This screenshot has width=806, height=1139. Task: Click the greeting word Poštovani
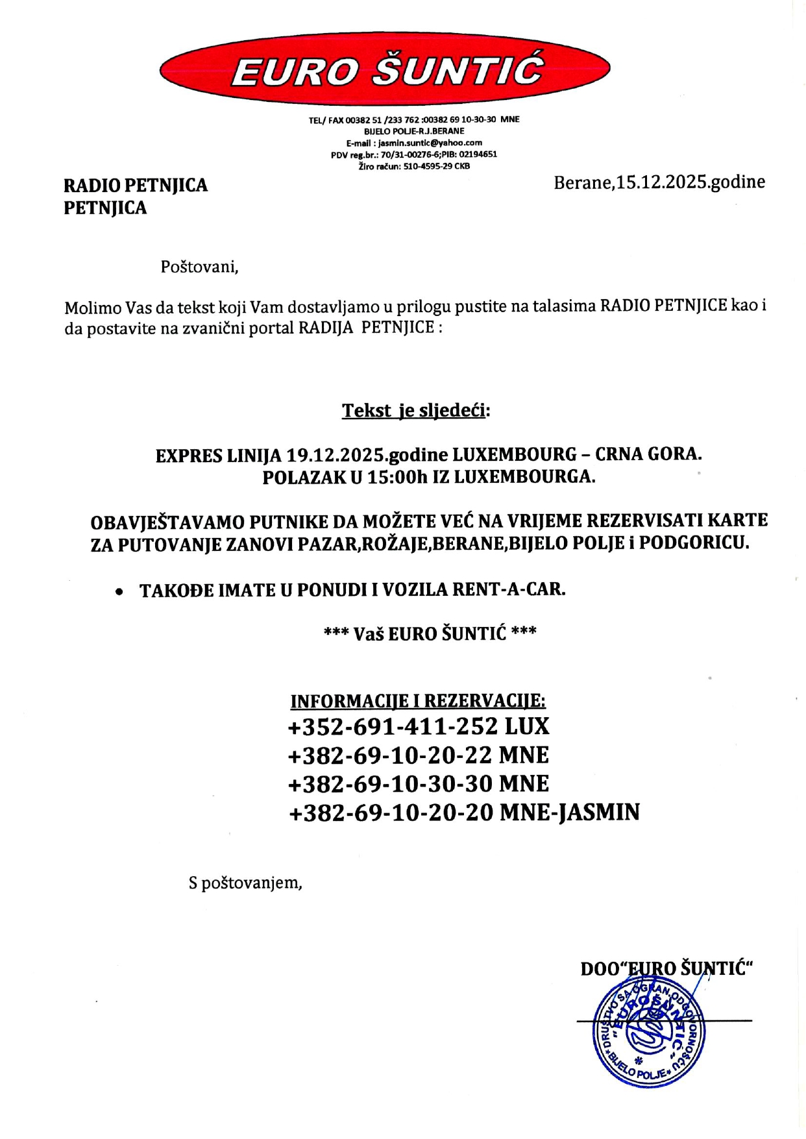199,267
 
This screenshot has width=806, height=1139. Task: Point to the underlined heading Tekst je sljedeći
415,411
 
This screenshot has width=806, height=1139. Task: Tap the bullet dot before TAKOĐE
119,592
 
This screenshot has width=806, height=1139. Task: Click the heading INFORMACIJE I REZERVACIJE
418,702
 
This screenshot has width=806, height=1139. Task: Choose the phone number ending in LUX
418,726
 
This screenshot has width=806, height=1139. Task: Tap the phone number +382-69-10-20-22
390,755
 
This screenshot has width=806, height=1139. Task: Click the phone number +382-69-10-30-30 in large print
390,784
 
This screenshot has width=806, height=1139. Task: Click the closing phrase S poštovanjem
245,883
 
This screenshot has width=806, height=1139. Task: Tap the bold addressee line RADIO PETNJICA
136,186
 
